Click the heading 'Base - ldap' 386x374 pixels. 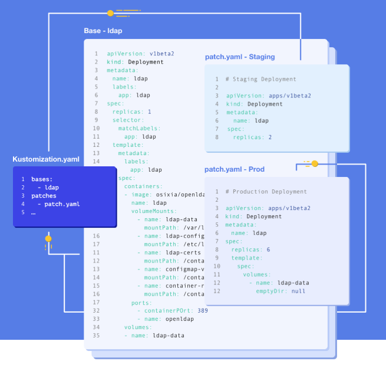[x=103, y=31]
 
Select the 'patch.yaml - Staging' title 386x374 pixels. [x=240, y=57]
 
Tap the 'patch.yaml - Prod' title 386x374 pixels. [x=235, y=169]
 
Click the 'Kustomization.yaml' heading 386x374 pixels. [x=45, y=160]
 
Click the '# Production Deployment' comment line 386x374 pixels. [x=266, y=192]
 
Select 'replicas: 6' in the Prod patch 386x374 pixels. [x=250, y=250]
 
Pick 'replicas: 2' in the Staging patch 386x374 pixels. [x=252, y=137]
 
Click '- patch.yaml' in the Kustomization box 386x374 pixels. [x=58, y=204]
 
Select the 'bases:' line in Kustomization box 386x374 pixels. [x=42, y=178]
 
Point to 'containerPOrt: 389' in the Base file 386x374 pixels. [x=173, y=310]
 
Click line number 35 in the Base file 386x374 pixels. [x=96, y=336]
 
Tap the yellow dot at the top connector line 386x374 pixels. [x=110, y=12]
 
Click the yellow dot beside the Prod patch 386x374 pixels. [x=314, y=163]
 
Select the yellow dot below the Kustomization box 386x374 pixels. [x=48, y=238]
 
